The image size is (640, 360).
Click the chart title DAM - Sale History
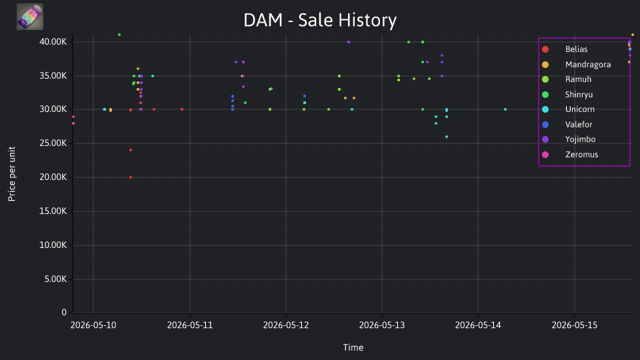[320, 20]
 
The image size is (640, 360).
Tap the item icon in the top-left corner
[30, 17]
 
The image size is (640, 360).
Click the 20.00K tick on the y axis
[53, 177]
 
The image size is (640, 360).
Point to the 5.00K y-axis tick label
[55, 279]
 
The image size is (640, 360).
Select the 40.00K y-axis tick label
[53, 41]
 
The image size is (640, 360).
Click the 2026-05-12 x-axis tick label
[286, 325]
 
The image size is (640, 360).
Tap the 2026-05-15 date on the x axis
[574, 325]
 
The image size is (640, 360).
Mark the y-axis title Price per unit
[12, 174]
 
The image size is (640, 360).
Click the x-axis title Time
[353, 347]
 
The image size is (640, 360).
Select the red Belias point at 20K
[131, 177]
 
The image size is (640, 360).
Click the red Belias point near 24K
[131, 150]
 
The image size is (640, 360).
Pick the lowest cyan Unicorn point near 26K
[447, 137]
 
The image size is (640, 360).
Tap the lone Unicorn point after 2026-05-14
[505, 109]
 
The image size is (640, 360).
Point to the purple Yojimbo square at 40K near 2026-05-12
[349, 42]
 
